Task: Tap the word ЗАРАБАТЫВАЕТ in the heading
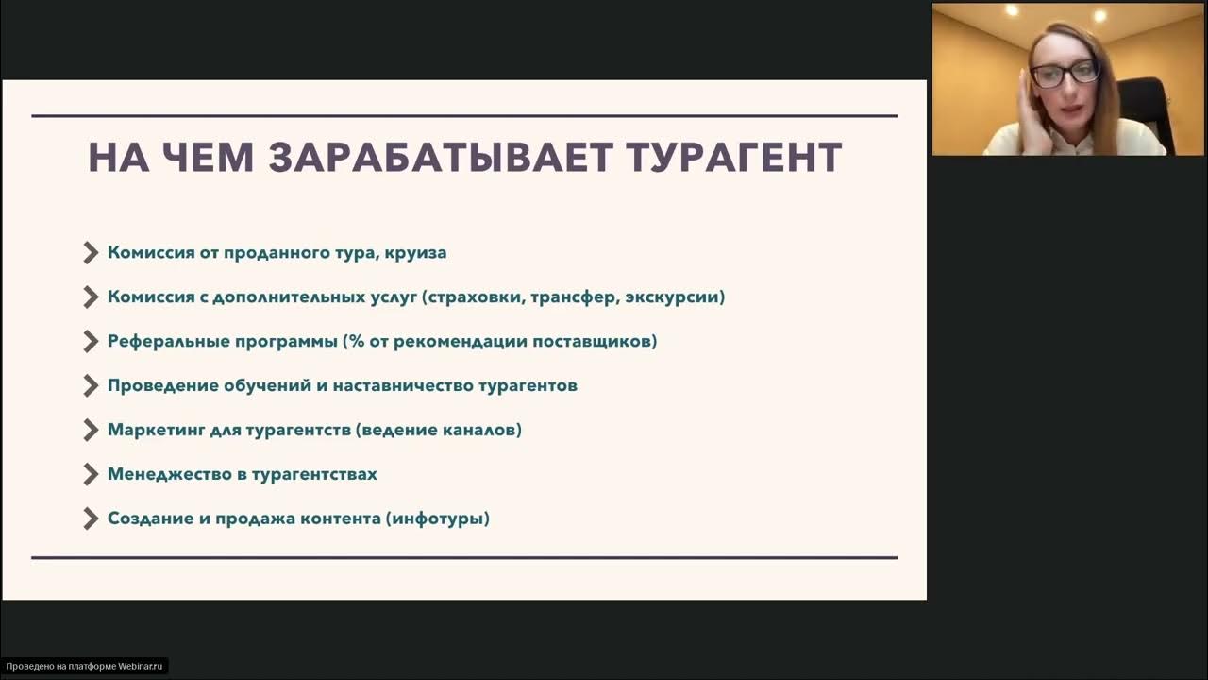pos(441,158)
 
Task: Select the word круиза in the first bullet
pos(415,253)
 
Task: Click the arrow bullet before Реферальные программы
pos(91,341)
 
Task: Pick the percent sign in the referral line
pos(355,341)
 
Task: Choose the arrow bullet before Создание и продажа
pos(91,518)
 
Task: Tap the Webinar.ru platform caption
pos(84,667)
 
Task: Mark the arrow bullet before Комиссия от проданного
pos(91,253)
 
